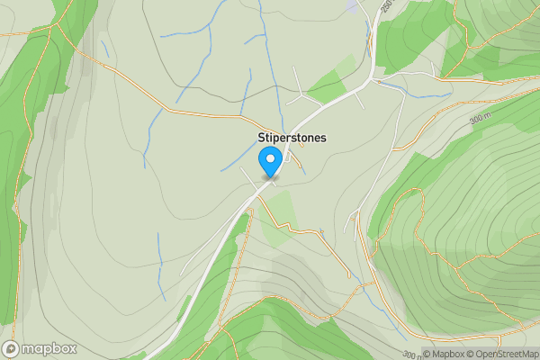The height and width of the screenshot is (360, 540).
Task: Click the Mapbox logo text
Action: coord(43,349)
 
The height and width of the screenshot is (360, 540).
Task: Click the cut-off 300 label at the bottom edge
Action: coord(409,354)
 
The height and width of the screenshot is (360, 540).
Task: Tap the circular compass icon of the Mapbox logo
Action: coord(12,349)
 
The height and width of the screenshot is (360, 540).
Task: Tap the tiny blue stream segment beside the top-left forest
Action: coord(105,49)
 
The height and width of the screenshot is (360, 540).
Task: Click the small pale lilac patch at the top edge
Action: coord(350,4)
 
